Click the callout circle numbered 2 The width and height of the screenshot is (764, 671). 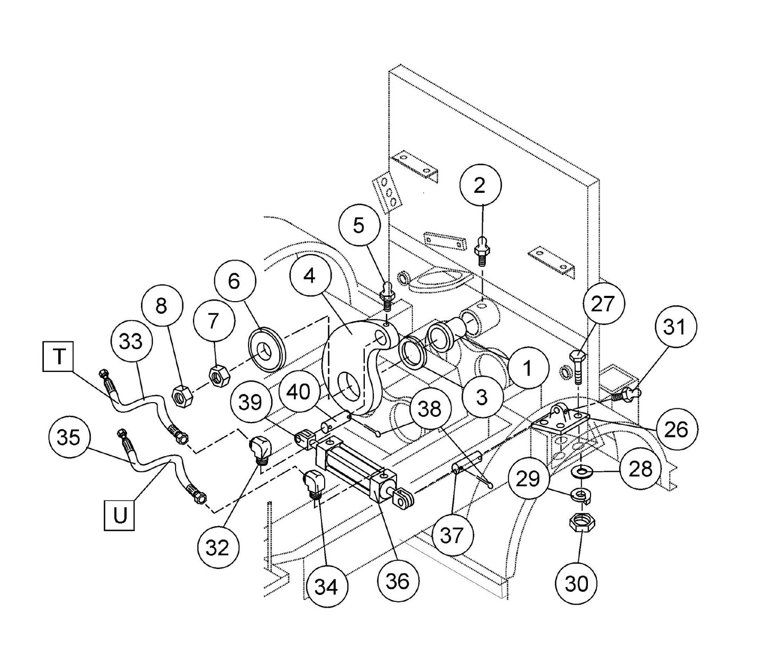coord(480,185)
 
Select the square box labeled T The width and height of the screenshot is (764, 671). coord(59,357)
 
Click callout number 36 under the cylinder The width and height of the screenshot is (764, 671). coord(398,581)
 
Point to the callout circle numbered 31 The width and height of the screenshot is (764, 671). coord(674,327)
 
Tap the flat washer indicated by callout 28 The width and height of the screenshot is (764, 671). coord(582,470)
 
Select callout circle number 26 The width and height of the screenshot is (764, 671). coord(676,429)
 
